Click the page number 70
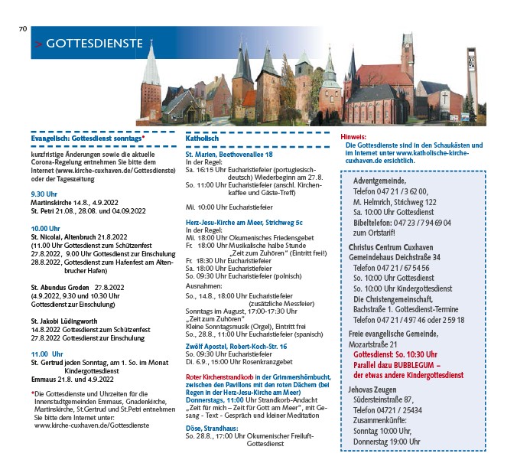coord(22,29)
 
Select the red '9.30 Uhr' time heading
coord(44,194)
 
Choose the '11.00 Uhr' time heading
coord(47,354)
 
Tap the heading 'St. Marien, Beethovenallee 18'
coord(229,155)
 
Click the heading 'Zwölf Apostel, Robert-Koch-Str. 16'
coord(236,347)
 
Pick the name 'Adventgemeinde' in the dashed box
coord(379,181)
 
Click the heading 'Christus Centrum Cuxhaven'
coord(395,247)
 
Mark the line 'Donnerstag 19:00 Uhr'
coord(387,442)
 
